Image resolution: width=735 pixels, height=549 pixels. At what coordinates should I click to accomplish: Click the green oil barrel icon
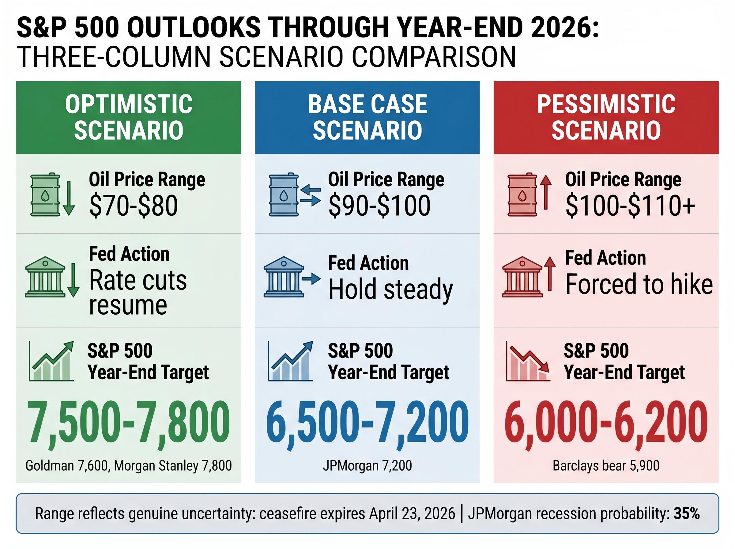[x=45, y=195]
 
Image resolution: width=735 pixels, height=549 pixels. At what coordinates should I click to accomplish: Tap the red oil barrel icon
[x=522, y=195]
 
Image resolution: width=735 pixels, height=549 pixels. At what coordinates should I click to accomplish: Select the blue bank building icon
[x=283, y=277]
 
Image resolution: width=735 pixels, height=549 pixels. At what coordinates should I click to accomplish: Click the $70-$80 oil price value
[x=134, y=206]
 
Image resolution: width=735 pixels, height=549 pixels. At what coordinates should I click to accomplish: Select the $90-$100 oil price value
[x=379, y=206]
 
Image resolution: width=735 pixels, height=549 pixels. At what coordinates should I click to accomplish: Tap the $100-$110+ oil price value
[x=630, y=206]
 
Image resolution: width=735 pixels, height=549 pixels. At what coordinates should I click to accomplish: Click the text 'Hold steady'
[x=390, y=289]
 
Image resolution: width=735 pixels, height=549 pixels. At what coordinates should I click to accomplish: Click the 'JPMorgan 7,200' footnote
[x=367, y=466]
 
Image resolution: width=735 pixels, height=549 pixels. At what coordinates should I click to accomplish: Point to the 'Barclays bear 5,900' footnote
[x=606, y=466]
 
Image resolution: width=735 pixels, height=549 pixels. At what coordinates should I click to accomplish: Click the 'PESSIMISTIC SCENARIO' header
[x=606, y=117]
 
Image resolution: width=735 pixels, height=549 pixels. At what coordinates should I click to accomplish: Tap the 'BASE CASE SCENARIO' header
[x=367, y=117]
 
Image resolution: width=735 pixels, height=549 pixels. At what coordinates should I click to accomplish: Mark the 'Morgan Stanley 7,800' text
[x=173, y=466]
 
